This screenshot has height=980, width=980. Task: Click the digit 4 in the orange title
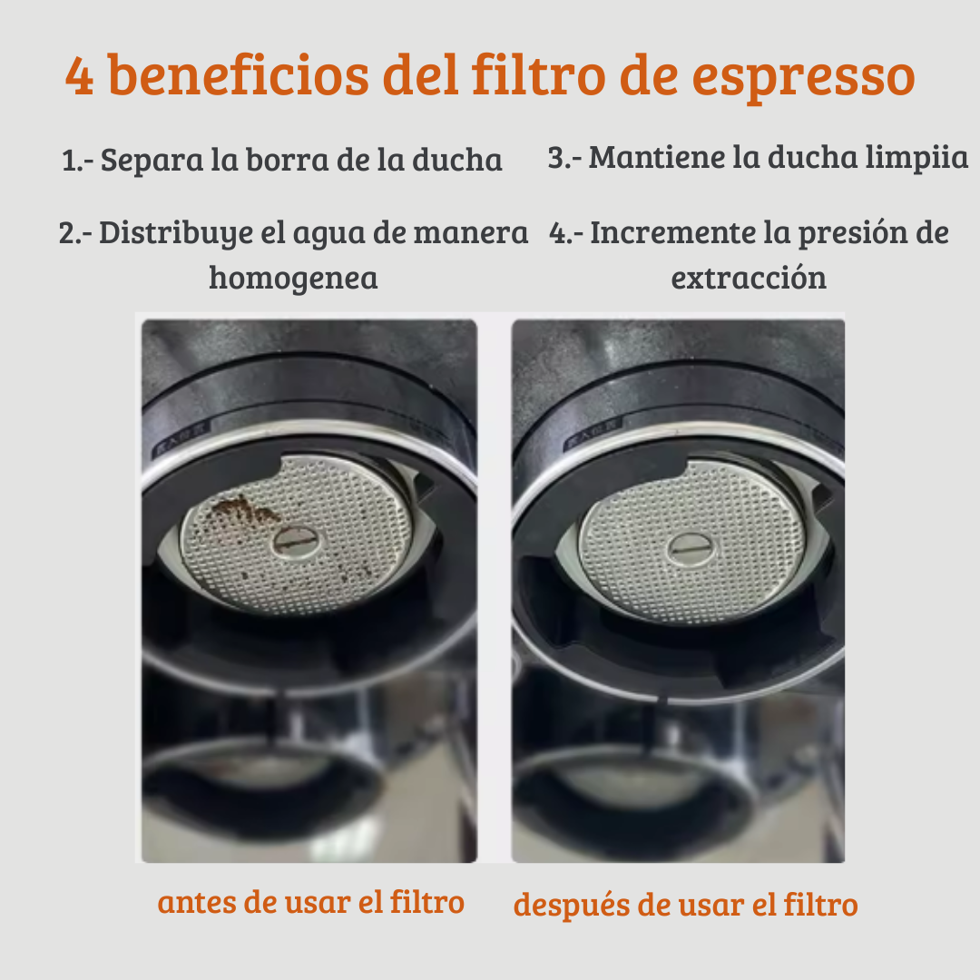pos(79,76)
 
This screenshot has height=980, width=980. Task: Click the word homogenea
pos(293,279)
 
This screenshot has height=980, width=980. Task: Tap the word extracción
pos(748,278)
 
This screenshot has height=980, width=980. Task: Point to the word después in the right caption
pos(571,906)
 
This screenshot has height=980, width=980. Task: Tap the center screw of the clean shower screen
pos(691,549)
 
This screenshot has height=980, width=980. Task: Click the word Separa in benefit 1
pos(152,160)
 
